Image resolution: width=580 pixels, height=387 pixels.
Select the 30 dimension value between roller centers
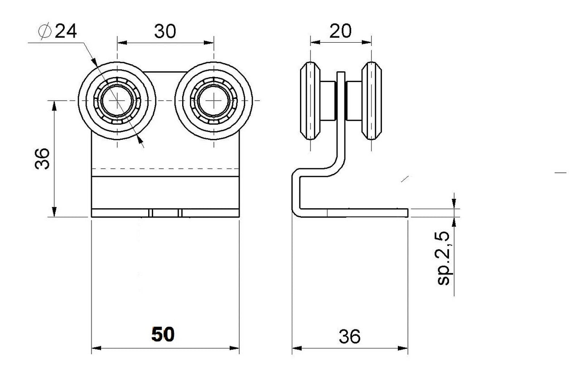pyautogui.click(x=165, y=31)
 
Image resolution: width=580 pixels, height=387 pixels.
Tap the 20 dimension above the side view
pyautogui.click(x=340, y=31)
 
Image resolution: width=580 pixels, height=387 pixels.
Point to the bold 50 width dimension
pyautogui.click(x=163, y=335)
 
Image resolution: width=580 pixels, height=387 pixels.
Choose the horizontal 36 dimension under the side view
pyautogui.click(x=349, y=336)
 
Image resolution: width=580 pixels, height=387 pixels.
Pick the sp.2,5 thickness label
pyautogui.click(x=443, y=258)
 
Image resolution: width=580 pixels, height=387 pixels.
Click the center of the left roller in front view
pyautogui.click(x=117, y=100)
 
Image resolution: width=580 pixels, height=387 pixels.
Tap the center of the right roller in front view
pyautogui.click(x=213, y=100)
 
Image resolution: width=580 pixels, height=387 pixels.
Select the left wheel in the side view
pyautogui.click(x=310, y=100)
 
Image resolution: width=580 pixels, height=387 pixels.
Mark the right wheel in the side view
pyautogui.click(x=372, y=100)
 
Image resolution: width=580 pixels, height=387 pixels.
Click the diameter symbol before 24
pyautogui.click(x=45, y=32)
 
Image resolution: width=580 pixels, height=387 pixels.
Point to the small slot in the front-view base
pyautogui.click(x=165, y=213)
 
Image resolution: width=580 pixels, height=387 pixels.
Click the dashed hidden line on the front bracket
pyautogui.click(x=165, y=169)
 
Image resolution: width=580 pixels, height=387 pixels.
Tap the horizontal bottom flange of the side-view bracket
pyautogui.click(x=358, y=212)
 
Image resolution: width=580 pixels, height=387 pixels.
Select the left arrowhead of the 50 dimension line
pyautogui.click(x=96, y=348)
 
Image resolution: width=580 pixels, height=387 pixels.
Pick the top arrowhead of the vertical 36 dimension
pyautogui.click(x=54, y=105)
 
